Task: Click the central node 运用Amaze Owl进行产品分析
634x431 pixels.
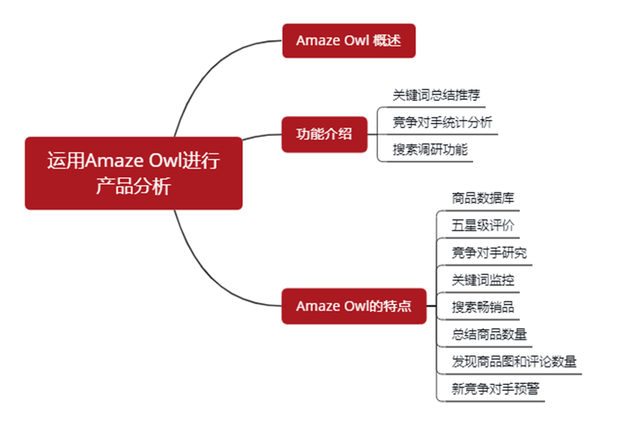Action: coord(133,173)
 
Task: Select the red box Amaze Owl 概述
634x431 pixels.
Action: coord(348,41)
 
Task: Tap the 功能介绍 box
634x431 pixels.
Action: coord(324,134)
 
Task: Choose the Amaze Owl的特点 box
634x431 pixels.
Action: coord(353,306)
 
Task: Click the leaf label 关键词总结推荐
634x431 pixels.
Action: coord(436,95)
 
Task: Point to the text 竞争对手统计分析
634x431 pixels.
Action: coord(442,122)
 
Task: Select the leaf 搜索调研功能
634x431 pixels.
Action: coord(429,150)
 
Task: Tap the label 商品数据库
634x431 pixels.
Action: coord(483,198)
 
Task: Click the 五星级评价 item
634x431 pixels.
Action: coord(483,225)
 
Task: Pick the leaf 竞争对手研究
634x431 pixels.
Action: coord(489,253)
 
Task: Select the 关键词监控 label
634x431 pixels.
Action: coord(483,280)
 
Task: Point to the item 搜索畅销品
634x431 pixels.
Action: coord(483,307)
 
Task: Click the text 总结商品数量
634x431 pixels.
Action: coord(489,334)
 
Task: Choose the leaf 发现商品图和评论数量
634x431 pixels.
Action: coord(514,362)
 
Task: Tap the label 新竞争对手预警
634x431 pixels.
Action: coord(495,389)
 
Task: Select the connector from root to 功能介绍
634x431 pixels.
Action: coord(262,136)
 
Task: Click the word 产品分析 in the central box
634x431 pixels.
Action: coord(133,186)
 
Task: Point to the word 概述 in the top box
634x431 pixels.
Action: coord(387,41)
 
